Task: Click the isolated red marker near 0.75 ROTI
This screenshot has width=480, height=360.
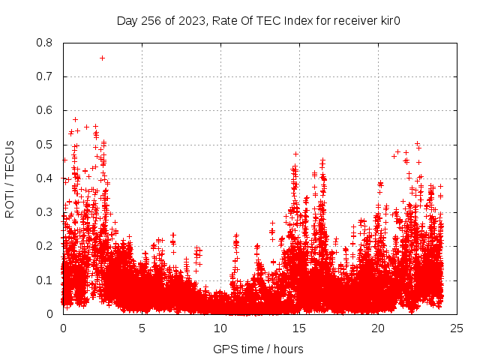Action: pos(102,58)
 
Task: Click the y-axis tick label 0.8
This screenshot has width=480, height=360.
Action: pos(45,43)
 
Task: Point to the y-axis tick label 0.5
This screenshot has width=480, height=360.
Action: pos(45,145)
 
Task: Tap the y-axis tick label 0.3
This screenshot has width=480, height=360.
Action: pos(45,212)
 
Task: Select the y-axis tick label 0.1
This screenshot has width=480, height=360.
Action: pos(45,280)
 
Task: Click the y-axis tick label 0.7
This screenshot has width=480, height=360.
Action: pos(45,76)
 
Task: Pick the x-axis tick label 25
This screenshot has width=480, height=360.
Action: pos(457,328)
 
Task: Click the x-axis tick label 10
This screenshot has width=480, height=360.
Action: pos(220,328)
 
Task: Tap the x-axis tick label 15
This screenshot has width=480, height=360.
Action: pos(299,328)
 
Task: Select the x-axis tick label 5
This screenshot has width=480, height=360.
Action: pos(142,328)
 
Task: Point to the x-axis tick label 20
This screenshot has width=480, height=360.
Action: pos(378,328)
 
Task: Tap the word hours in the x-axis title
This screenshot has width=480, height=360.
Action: pos(288,349)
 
